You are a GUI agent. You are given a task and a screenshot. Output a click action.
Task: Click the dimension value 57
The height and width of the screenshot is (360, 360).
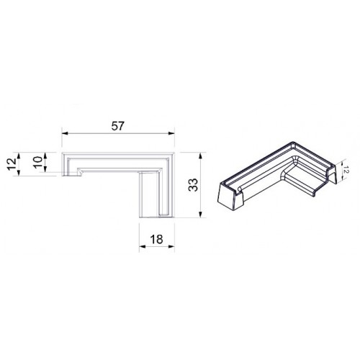point(118,126)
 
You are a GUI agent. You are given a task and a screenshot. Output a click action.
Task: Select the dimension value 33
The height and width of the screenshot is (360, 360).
point(193,185)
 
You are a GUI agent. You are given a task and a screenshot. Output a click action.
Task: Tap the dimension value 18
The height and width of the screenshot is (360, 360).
point(156,239)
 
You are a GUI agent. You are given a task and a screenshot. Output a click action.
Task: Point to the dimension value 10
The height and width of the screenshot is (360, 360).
point(37,162)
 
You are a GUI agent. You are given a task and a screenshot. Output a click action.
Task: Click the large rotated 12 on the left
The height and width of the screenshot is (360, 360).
point(12,164)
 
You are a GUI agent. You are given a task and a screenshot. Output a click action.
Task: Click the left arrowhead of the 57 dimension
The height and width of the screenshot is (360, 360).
point(65,133)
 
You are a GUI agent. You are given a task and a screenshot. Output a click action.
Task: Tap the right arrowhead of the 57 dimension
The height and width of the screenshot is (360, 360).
point(171,133)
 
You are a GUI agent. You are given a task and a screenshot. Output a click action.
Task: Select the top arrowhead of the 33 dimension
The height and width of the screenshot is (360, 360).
point(201,156)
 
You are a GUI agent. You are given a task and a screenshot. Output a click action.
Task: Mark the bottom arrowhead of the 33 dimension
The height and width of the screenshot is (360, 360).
point(201,215)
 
